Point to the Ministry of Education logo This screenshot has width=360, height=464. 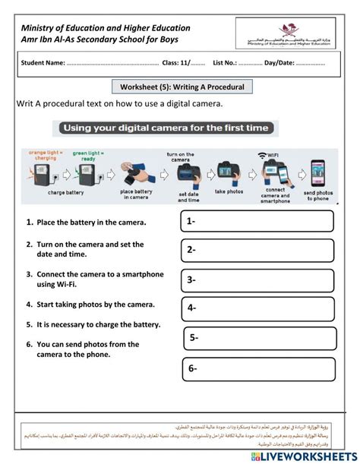[x=289, y=34]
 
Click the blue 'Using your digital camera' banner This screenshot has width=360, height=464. [x=165, y=128]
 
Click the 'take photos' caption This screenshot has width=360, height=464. [x=228, y=192]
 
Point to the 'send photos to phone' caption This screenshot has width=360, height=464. [x=319, y=196]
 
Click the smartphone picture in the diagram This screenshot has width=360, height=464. [x=319, y=173]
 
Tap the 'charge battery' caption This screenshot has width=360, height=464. [x=67, y=193]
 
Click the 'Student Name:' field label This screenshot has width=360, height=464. [x=44, y=63]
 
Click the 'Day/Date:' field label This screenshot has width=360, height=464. [x=281, y=63]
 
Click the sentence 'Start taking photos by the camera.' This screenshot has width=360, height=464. [x=96, y=305]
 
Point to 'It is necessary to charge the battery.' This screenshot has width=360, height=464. [x=98, y=324]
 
